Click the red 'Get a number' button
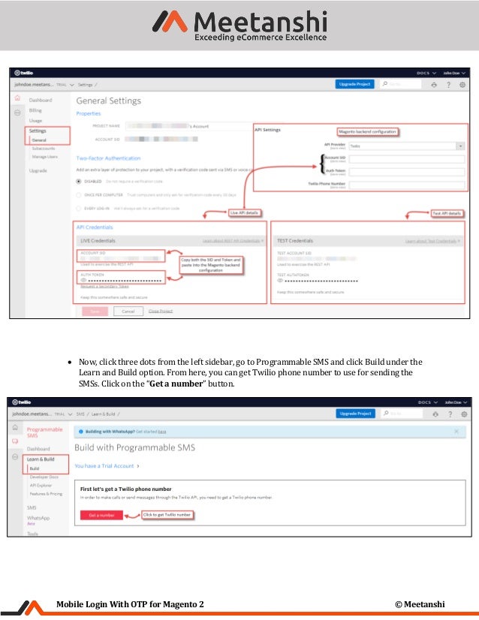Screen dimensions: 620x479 coord(101,515)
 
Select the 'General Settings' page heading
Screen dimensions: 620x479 coord(109,100)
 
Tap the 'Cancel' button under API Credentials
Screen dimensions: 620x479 coord(128,311)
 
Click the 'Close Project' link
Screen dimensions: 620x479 coord(160,311)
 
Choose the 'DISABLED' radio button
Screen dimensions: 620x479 coord(80,182)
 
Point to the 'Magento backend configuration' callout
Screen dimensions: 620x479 coord(366,131)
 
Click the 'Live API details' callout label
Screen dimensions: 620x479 coord(245,213)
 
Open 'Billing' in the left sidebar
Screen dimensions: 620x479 coord(35,110)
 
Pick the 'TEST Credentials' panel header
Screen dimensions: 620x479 coord(295,241)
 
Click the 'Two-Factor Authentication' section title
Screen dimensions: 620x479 coord(108,158)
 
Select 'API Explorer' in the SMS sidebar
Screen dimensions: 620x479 coord(41,485)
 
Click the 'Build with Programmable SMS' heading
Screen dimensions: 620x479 coord(134,447)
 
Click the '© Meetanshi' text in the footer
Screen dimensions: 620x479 coord(420,604)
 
